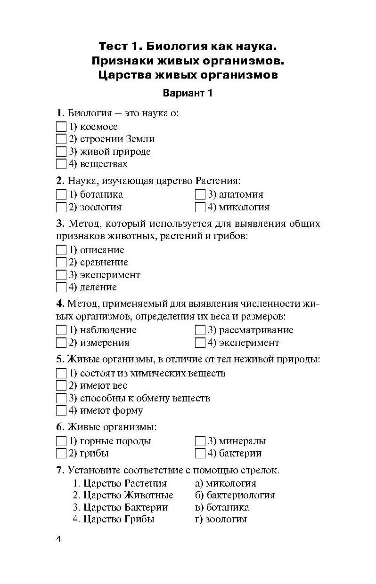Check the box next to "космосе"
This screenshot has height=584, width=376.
[61, 127]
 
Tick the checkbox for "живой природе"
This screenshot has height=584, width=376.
[61, 152]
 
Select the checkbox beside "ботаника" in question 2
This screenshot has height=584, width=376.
[61, 194]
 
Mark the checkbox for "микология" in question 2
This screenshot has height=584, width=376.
[200, 207]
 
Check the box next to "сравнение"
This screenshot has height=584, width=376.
[61, 263]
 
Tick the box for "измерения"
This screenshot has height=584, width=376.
[61, 343]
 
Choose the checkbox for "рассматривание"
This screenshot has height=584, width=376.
[200, 330]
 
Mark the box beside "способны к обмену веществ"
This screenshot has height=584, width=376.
[61, 398]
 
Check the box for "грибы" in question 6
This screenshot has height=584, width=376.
[61, 454]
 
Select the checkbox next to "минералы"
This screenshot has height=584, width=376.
[200, 441]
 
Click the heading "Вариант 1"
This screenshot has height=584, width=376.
[188, 93]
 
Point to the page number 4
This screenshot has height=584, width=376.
[59, 539]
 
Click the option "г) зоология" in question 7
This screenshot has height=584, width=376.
[220, 520]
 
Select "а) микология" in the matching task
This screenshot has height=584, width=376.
[225, 483]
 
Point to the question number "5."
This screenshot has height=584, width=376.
[60, 360]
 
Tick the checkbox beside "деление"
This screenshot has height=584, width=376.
[61, 287]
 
